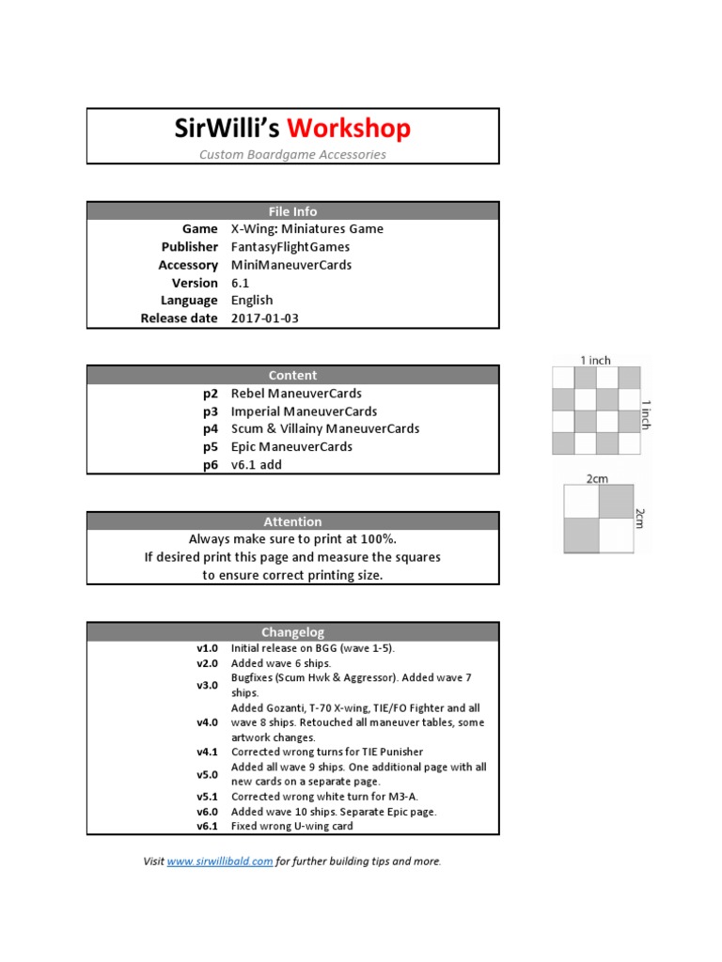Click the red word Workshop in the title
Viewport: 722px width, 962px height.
point(349,129)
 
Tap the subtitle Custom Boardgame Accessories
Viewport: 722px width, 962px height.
point(292,154)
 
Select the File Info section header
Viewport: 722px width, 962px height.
point(292,211)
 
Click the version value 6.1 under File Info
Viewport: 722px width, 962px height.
point(240,283)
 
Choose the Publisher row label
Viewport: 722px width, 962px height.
point(189,247)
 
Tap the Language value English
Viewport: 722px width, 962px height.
point(252,301)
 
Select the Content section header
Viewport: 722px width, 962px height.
point(292,375)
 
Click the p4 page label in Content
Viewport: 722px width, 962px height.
point(210,428)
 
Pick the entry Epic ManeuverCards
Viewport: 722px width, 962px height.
point(291,446)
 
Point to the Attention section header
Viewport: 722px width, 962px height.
point(292,521)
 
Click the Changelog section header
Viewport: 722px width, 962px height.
point(292,632)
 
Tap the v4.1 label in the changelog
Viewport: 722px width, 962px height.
point(207,752)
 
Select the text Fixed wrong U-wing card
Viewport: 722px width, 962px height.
point(291,826)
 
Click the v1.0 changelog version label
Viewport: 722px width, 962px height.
point(207,648)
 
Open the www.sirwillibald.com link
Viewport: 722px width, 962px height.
point(220,861)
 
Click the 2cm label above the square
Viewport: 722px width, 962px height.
point(597,478)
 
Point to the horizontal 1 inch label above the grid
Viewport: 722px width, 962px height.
point(595,360)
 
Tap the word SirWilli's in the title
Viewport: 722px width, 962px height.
point(228,129)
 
